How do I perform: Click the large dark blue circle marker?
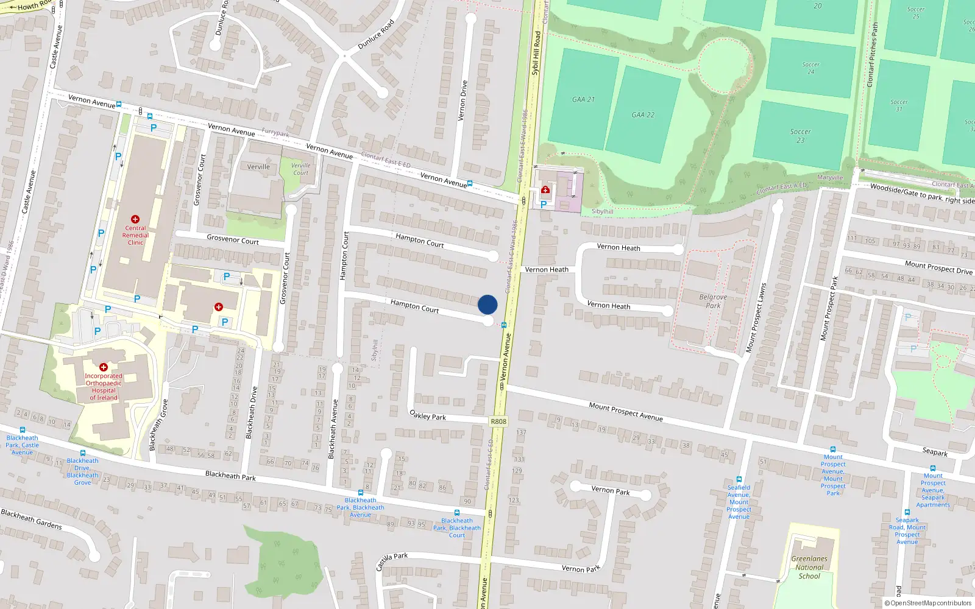[487, 304]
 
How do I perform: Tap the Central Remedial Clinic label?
[135, 235]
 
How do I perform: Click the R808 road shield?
[498, 421]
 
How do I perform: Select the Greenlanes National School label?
[809, 567]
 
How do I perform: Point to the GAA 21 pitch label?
[583, 99]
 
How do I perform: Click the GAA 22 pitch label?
[643, 114]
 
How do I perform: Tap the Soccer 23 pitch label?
[800, 136]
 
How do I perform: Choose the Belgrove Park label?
[713, 301]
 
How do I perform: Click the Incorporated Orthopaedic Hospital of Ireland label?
[104, 387]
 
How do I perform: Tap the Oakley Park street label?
[428, 416]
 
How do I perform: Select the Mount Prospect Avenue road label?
[626, 412]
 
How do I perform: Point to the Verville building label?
[258, 167]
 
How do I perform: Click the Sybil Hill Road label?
[536, 53]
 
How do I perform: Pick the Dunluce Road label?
[375, 35]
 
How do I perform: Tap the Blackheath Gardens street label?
[32, 519]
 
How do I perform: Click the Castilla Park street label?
[391, 561]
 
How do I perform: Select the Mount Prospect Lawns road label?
[756, 317]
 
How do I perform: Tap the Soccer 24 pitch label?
[810, 68]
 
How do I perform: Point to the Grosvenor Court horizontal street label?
[233, 240]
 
